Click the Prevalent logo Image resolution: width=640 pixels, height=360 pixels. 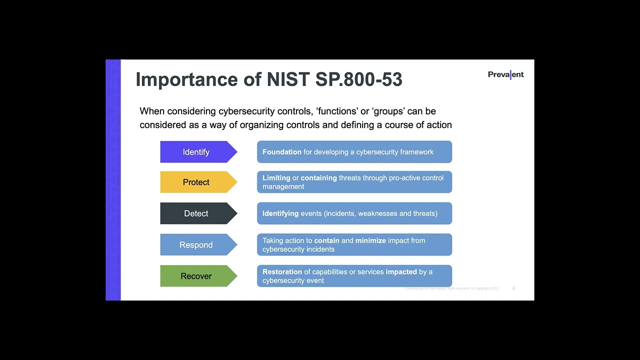(505, 74)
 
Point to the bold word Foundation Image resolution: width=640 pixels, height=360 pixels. (282, 152)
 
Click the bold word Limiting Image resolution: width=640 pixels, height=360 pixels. (276, 178)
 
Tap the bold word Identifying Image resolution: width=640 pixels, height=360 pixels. (280, 213)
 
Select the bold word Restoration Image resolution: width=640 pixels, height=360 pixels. (282, 272)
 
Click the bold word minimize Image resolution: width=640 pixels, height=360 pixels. (370, 240)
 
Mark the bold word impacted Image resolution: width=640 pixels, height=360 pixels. (401, 272)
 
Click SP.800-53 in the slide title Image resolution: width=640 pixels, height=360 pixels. (358, 79)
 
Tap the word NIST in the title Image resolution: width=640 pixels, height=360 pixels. (288, 79)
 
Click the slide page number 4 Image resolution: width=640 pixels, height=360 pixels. (513, 288)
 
